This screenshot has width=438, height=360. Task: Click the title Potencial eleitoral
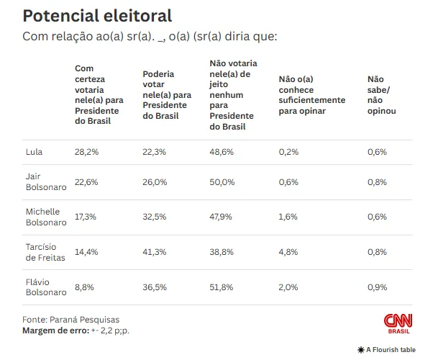(x=97, y=16)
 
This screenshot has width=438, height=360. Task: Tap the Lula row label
(x=34, y=152)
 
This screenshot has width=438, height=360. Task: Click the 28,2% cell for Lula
(x=86, y=152)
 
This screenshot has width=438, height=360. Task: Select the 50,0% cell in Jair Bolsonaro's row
(x=222, y=182)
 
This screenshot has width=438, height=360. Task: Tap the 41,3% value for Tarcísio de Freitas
(x=155, y=252)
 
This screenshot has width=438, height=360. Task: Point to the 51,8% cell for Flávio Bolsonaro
(x=222, y=287)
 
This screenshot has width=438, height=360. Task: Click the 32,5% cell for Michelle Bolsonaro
(x=155, y=216)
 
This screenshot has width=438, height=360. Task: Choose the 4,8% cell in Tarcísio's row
(x=288, y=252)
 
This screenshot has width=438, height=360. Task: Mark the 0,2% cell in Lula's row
(x=288, y=152)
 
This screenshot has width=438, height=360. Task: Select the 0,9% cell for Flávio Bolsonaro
(x=377, y=287)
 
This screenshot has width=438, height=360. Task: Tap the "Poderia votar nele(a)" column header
(x=167, y=95)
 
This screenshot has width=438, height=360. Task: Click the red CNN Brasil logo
(x=398, y=323)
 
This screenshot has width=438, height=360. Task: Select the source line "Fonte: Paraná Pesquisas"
(x=71, y=319)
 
